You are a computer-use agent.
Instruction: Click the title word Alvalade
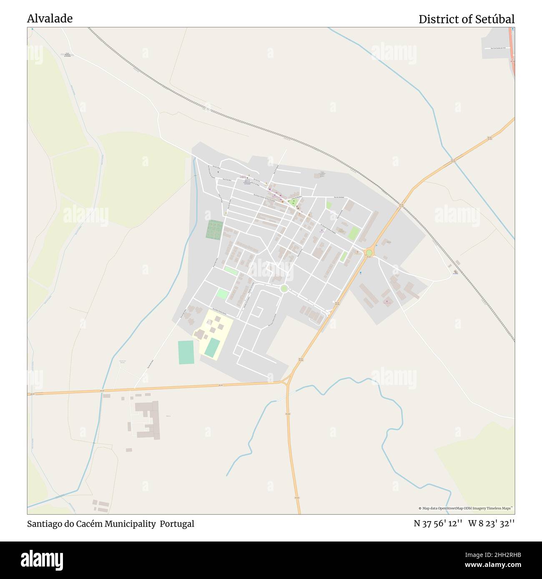point(50,18)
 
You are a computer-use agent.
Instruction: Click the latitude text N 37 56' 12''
point(438,524)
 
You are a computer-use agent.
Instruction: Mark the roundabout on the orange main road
point(369,253)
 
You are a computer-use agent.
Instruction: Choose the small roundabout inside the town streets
point(284,288)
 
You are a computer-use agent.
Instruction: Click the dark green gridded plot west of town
point(214,230)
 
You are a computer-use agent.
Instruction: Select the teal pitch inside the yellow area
point(213,347)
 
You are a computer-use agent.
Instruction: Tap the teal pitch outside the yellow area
point(186,352)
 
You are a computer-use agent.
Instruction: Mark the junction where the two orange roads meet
point(287,381)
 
